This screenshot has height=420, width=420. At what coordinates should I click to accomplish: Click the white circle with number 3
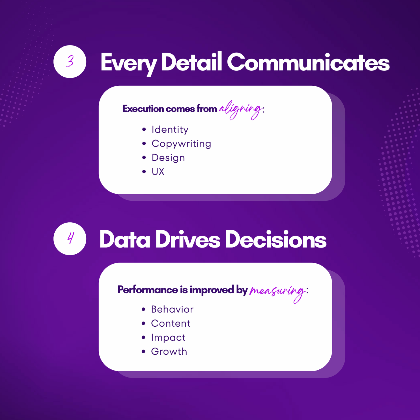click(x=70, y=62)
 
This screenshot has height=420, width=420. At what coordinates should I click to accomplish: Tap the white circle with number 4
click(x=70, y=239)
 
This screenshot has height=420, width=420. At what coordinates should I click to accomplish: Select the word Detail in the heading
click(x=191, y=61)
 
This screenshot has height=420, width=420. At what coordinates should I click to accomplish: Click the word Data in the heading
click(x=125, y=239)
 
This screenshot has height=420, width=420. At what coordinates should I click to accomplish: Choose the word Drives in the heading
click(x=188, y=239)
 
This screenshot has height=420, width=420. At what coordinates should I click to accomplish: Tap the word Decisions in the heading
click(x=276, y=239)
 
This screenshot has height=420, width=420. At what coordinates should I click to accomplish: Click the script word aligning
click(x=241, y=110)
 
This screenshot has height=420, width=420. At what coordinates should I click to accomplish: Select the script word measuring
click(x=277, y=292)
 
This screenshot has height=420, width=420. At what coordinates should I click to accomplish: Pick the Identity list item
click(x=170, y=130)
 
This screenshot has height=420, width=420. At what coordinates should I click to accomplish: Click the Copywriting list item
click(x=181, y=144)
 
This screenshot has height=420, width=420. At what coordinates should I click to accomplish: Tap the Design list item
click(x=168, y=158)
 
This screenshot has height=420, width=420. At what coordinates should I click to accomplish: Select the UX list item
click(x=158, y=172)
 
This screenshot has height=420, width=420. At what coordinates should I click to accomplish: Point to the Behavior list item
click(x=172, y=309)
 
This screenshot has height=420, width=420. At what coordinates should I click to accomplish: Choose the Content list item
click(x=171, y=323)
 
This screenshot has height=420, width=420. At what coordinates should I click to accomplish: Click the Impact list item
click(x=168, y=338)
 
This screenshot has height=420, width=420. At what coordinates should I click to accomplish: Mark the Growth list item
click(x=169, y=352)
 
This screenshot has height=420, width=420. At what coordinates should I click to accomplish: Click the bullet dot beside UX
click(x=144, y=172)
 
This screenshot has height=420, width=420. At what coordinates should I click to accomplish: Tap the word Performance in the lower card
click(x=148, y=290)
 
